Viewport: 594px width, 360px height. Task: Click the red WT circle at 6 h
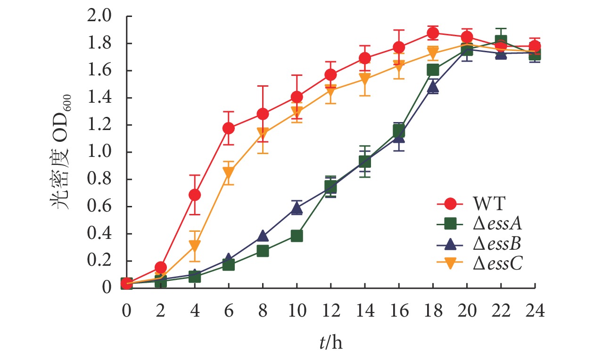pos(229,128)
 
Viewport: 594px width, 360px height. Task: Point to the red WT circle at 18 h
pos(433,33)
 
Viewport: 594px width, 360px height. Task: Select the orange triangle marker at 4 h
pos(195,245)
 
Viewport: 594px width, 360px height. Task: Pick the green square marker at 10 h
pos(297,236)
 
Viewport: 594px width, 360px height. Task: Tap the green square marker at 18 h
pos(433,70)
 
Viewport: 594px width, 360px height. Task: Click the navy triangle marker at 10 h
pos(297,208)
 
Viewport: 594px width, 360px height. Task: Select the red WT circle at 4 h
pos(195,195)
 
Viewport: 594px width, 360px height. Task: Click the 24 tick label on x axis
pos(535,311)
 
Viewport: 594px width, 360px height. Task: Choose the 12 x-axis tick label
pos(330,311)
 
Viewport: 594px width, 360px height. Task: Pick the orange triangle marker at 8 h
pos(263,133)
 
